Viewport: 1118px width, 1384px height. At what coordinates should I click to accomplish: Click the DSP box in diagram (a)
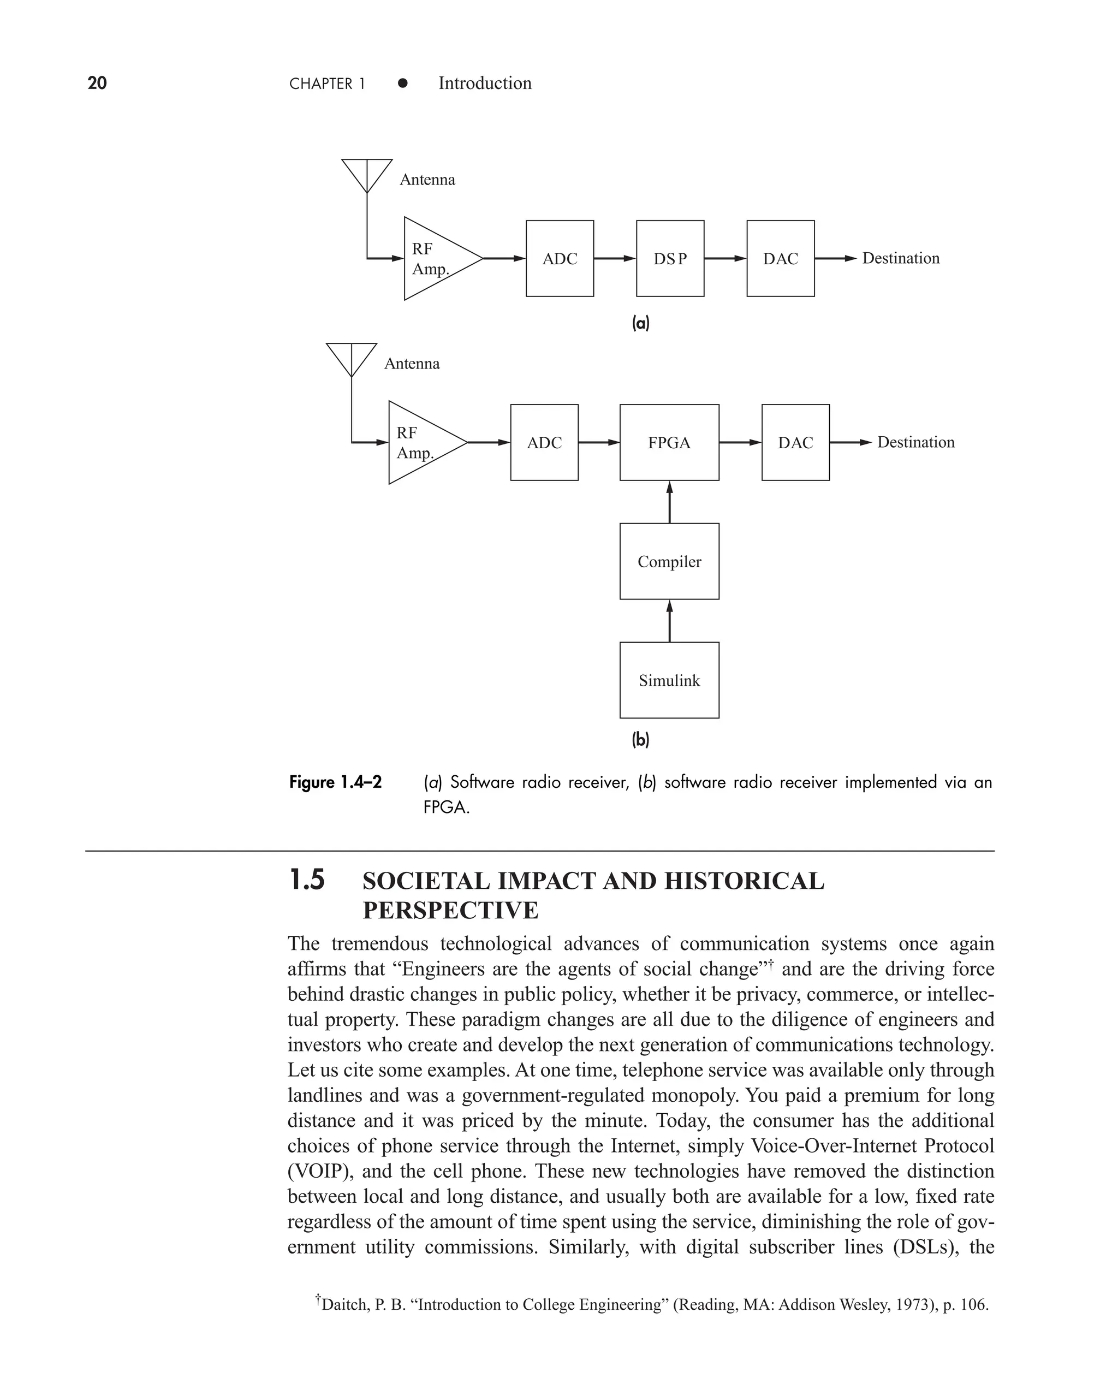pos(670,258)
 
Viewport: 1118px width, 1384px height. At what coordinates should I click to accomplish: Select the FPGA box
pos(669,442)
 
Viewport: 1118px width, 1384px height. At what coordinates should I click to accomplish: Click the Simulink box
pos(669,680)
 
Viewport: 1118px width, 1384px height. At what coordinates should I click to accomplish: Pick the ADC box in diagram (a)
pos(560,258)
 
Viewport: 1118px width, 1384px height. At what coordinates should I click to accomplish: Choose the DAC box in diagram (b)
pos(795,442)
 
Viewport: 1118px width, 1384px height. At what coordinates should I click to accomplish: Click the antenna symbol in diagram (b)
pos(352,358)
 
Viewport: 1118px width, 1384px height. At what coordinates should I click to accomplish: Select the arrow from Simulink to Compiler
pos(670,621)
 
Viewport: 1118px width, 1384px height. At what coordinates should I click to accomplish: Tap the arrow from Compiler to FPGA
pos(670,502)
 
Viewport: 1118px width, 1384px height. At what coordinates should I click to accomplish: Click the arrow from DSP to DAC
pos(725,258)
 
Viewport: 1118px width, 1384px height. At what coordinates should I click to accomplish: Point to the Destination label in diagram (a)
pos(900,258)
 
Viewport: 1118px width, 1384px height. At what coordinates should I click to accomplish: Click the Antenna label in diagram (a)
pos(427,180)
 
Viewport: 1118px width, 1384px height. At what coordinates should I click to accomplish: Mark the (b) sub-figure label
pos(640,740)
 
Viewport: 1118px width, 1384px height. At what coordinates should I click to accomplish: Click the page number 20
pos(97,83)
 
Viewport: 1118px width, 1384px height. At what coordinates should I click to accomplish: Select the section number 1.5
pos(307,880)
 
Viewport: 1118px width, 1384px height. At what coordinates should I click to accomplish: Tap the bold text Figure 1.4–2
pos(336,782)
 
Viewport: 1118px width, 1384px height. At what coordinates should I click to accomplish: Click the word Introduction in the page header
pos(485,83)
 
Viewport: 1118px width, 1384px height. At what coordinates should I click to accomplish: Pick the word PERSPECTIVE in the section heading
pos(451,910)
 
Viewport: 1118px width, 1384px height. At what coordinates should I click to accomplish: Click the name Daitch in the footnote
pos(342,1304)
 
